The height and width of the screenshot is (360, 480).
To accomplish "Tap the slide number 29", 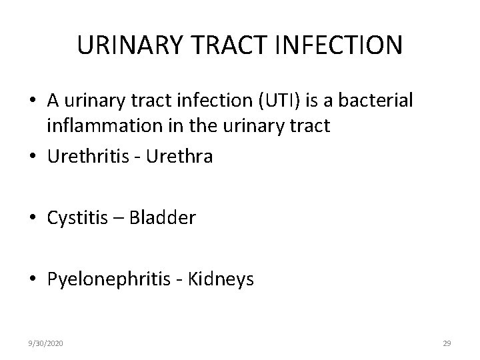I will (447, 343).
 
